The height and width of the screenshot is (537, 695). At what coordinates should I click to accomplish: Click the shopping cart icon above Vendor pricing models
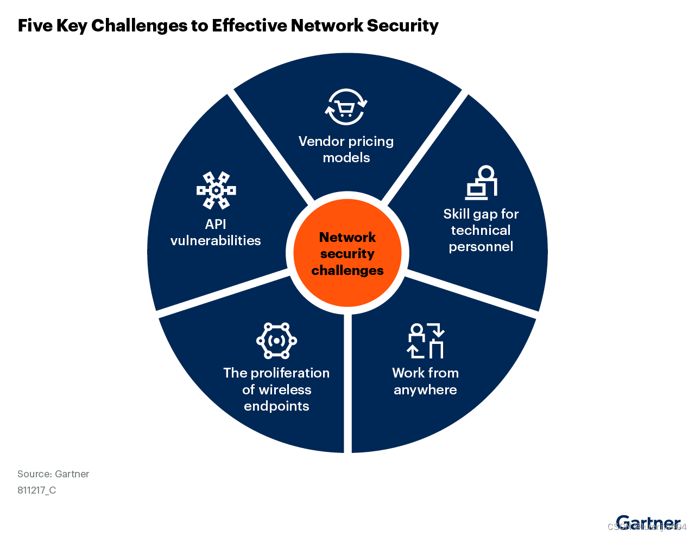point(346,107)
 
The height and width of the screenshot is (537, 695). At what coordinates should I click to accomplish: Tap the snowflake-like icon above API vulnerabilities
point(216,190)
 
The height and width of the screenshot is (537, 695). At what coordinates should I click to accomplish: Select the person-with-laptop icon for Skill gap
point(481,183)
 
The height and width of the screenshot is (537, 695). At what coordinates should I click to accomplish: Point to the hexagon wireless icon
point(276,341)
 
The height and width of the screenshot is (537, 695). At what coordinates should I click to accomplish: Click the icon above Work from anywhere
point(426,341)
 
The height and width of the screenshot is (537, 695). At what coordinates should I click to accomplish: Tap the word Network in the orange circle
point(347,237)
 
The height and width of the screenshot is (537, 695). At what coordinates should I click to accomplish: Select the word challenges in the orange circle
point(347,270)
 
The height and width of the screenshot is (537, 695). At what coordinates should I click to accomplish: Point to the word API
point(216,224)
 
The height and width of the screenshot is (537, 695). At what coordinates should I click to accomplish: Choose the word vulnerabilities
point(216,240)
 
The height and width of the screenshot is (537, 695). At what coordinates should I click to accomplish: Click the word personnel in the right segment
point(481,247)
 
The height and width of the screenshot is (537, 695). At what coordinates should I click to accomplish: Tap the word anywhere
point(425,390)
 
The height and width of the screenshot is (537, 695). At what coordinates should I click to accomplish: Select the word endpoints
point(276,406)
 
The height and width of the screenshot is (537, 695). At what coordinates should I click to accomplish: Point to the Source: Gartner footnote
point(53,474)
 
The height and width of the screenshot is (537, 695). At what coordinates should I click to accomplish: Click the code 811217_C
point(36,490)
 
